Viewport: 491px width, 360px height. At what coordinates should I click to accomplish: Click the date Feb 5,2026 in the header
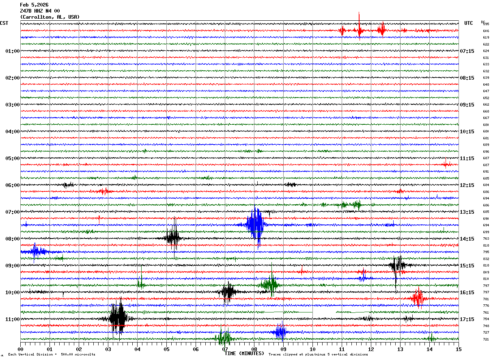tap(34, 5)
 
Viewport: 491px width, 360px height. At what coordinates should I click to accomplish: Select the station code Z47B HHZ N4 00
tap(40, 11)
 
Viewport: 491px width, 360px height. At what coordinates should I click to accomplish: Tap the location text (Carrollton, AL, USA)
tap(50, 17)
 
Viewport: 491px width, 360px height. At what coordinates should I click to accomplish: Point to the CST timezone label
tap(4, 23)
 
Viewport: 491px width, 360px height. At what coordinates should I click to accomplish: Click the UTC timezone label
tap(469, 23)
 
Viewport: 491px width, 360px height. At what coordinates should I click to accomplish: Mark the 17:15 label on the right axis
tap(467, 319)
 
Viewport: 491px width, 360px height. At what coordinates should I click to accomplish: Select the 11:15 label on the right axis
tap(467, 158)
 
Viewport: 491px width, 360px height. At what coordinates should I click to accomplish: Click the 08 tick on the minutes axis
tap(254, 349)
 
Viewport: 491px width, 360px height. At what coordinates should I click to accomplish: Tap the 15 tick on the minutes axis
tap(459, 349)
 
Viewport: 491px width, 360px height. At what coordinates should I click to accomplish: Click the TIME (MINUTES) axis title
tap(244, 353)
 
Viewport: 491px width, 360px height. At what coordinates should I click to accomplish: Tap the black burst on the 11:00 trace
tap(118, 318)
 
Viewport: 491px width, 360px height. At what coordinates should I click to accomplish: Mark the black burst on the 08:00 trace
tap(173, 238)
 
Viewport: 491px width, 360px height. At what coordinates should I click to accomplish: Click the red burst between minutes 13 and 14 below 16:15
tap(418, 299)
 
